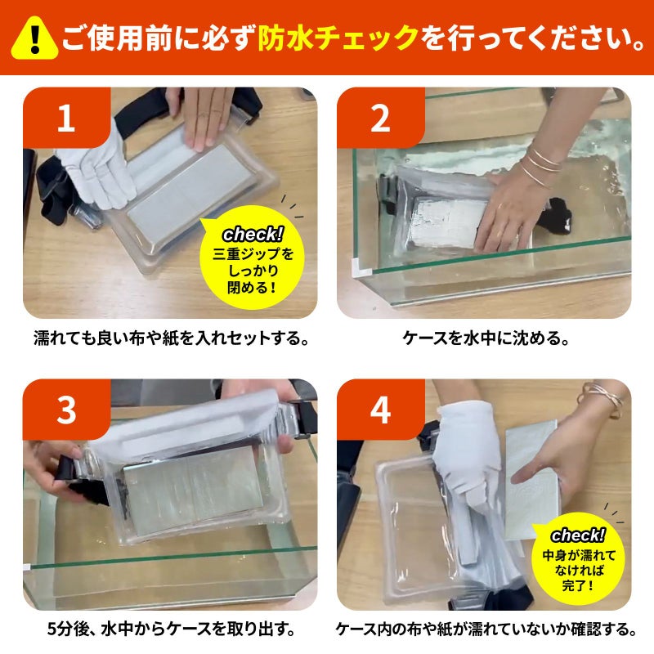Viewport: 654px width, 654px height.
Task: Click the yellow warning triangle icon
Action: tap(34, 38)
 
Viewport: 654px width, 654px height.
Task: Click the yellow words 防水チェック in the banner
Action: tap(338, 38)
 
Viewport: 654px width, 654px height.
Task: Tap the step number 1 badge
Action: tap(66, 117)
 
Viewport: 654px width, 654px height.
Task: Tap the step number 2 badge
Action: tap(380, 117)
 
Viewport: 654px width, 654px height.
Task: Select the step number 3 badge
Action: tap(66, 410)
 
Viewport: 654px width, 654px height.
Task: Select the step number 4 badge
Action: tap(380, 410)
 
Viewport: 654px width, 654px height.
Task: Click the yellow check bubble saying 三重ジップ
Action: tap(253, 258)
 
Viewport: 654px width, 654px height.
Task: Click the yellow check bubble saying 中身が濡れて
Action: tap(579, 559)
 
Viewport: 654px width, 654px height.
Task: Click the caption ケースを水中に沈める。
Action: tap(486, 338)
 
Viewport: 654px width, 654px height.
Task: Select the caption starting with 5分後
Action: tap(172, 629)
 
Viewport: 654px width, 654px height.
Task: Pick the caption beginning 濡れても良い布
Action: tap(172, 338)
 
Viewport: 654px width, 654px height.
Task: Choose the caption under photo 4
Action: tap(486, 629)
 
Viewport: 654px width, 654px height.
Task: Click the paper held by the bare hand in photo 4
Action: tap(532, 480)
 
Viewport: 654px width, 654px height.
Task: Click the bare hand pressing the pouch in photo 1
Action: tap(204, 117)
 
